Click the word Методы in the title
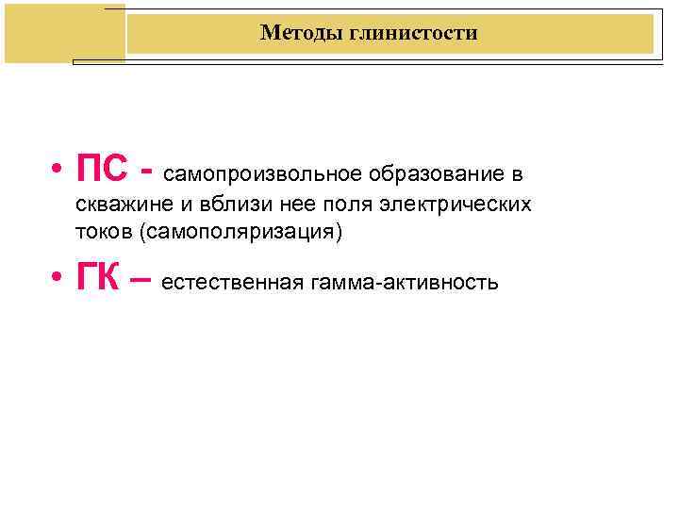click(x=293, y=34)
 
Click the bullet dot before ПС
click(x=58, y=172)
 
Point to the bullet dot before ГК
click(x=58, y=277)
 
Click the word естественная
click(x=232, y=281)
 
